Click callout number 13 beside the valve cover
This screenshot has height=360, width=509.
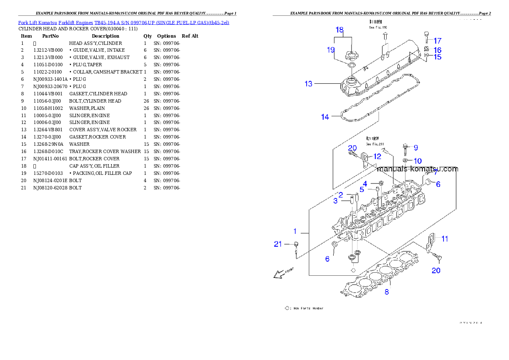(x=308, y=84)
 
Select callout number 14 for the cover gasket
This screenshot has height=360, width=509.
(x=325, y=117)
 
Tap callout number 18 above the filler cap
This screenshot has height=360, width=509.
(x=339, y=30)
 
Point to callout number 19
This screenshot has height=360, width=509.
(x=331, y=50)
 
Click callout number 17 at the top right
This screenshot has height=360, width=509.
(x=437, y=41)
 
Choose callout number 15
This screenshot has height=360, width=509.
(x=437, y=57)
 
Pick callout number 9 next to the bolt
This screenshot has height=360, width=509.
(x=415, y=148)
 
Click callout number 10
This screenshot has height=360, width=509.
(x=417, y=161)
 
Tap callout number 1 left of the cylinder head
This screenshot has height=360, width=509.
(x=295, y=231)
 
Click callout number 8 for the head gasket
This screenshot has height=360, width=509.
(x=387, y=292)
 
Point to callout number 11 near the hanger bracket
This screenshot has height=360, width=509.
(x=445, y=239)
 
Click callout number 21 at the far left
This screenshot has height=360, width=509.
(x=278, y=244)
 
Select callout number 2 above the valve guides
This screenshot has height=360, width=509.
(x=341, y=195)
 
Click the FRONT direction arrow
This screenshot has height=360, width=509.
(x=281, y=273)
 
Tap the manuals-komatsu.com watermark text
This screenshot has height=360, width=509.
(x=417, y=169)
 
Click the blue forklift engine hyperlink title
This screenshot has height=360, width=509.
(x=124, y=22)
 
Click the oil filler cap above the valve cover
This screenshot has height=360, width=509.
(x=350, y=56)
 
